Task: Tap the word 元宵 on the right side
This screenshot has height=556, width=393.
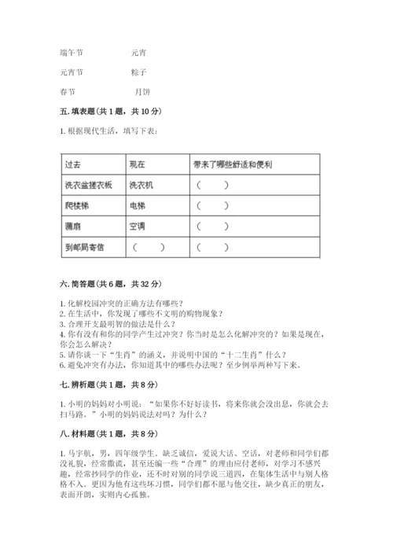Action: pyautogui.click(x=138, y=53)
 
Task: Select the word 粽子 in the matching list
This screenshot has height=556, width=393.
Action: pyautogui.click(x=140, y=72)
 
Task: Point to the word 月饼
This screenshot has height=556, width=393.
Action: pyautogui.click(x=143, y=90)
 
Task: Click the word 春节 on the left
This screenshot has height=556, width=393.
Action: pyautogui.click(x=68, y=90)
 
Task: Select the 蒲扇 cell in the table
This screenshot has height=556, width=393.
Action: pyautogui.click(x=74, y=226)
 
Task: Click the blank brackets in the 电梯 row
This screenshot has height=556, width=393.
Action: pyautogui.click(x=213, y=207)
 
